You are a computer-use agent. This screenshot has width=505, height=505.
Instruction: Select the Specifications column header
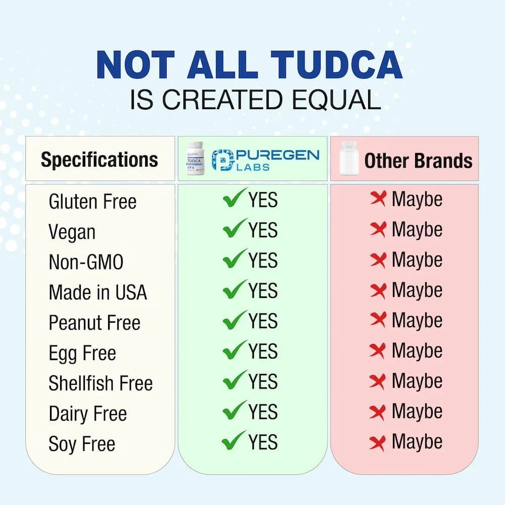pyautogui.click(x=99, y=160)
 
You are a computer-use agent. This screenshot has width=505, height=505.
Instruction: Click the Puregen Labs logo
pyautogui.click(x=266, y=159)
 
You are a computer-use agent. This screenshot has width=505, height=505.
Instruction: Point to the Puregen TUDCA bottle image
pyautogui.click(x=194, y=159)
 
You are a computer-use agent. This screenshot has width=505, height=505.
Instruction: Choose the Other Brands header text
pyautogui.click(x=418, y=161)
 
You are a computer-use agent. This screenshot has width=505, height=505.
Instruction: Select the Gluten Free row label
pyautogui.click(x=92, y=202)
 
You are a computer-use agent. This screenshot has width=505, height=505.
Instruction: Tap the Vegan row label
pyautogui.click(x=72, y=232)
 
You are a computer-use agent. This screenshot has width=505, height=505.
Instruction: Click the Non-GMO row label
pyautogui.click(x=86, y=263)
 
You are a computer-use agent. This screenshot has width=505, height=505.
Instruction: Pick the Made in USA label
pyautogui.click(x=97, y=292)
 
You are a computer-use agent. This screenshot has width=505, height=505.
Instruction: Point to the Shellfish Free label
pyautogui.click(x=100, y=383)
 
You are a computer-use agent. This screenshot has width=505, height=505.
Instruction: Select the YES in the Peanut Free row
pyautogui.click(x=263, y=321)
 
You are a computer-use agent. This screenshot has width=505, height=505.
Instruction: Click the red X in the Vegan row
pyautogui.click(x=378, y=229)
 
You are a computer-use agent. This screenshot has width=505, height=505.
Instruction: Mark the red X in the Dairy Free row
pyautogui.click(x=378, y=412)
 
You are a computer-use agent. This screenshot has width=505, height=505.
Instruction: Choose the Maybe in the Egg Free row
pyautogui.click(x=417, y=351)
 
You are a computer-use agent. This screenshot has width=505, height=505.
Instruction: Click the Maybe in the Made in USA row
pyautogui.click(x=417, y=290)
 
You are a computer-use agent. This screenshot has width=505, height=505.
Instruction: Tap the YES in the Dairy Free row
pyautogui.click(x=263, y=412)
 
